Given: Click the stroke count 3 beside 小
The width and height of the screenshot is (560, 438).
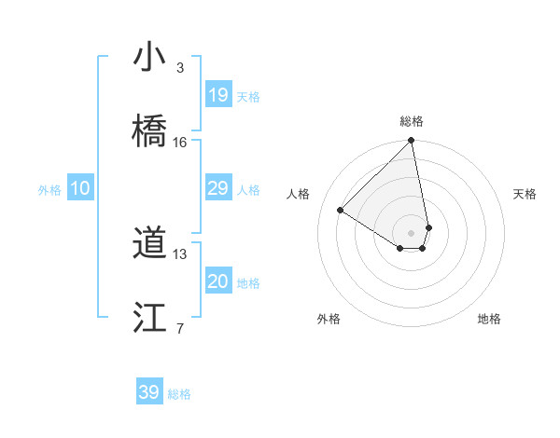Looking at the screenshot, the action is tap(179, 67).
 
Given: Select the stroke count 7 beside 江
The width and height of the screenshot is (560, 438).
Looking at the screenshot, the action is tap(179, 328).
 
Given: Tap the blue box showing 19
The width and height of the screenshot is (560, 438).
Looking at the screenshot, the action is tap(218, 94).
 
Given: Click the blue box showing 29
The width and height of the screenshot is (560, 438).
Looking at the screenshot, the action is tap(218, 188).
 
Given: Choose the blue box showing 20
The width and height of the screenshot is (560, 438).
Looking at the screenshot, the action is tap(218, 281).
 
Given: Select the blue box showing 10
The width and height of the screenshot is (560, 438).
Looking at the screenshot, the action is tap(80, 188).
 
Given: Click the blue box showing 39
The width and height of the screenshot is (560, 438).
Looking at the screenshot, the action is tap(149, 392).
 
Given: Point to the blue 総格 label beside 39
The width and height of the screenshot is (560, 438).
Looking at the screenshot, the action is tap(179, 394).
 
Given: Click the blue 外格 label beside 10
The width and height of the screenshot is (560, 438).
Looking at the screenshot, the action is tap(49, 190).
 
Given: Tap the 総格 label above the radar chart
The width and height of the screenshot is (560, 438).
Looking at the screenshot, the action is tap(412, 121).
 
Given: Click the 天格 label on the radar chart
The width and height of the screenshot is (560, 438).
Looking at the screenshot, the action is tap(525, 194).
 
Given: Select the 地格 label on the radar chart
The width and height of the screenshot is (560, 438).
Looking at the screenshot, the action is tap(489, 319).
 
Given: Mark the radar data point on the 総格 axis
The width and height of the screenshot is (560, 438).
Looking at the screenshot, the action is tap(412, 142).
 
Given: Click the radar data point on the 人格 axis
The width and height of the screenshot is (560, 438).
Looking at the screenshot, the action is tap(341, 211).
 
